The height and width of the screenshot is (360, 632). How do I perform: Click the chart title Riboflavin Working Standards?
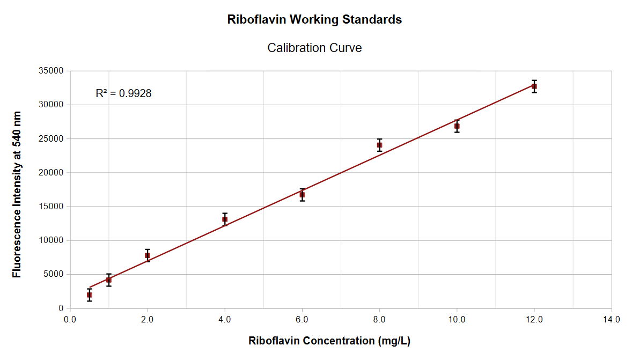pyautogui.click(x=314, y=20)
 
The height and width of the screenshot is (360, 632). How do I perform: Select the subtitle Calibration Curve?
pyautogui.click(x=314, y=48)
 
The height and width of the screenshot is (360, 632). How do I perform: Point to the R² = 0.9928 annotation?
pyautogui.click(x=123, y=93)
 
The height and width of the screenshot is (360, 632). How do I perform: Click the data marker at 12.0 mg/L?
pyautogui.click(x=534, y=86)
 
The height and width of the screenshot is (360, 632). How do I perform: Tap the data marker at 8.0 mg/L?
pyautogui.click(x=379, y=145)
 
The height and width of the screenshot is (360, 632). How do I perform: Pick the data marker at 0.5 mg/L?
pyautogui.click(x=90, y=295)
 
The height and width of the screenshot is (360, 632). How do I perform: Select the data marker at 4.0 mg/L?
pyautogui.click(x=225, y=219)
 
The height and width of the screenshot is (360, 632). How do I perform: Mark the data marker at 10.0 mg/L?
pyautogui.click(x=457, y=126)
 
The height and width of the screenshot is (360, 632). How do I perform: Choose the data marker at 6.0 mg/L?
pyautogui.click(x=302, y=195)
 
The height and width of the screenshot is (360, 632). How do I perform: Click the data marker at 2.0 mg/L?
pyautogui.click(x=148, y=255)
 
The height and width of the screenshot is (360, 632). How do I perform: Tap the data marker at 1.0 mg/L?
pyautogui.click(x=109, y=280)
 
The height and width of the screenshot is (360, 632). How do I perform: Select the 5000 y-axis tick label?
pyautogui.click(x=54, y=275)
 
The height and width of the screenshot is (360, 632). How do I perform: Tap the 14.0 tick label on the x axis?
pyautogui.click(x=612, y=319)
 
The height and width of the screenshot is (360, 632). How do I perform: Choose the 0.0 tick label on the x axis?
pyautogui.click(x=70, y=319)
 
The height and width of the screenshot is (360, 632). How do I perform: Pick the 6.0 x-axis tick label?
pyautogui.click(x=302, y=319)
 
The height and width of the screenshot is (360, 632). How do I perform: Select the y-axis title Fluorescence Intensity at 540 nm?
pyautogui.click(x=17, y=194)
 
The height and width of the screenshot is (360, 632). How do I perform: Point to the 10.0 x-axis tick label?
pyautogui.click(x=457, y=319)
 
